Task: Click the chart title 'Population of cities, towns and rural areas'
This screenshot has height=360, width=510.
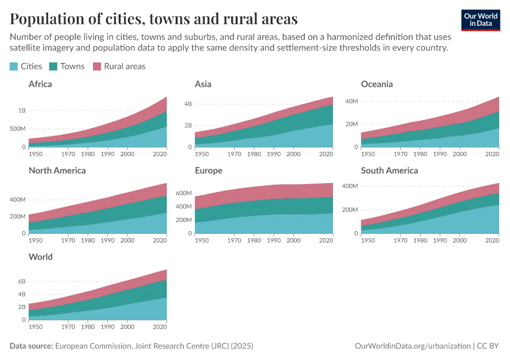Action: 154,19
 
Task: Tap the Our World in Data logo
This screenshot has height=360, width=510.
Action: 481,19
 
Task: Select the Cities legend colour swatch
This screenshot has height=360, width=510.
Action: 14,67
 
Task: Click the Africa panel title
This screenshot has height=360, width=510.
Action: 40,84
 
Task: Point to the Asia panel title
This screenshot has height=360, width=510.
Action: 203,84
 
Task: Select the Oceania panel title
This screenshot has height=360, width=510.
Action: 377,84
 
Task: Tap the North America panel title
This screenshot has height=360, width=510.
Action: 57,170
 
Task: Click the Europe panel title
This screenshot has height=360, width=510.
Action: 208,170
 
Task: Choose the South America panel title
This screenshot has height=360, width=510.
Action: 389,170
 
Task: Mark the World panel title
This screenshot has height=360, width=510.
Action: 41,257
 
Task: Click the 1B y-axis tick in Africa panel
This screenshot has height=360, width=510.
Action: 22,110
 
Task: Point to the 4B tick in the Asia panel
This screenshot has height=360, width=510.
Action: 187,104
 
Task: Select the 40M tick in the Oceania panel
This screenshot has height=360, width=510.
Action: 350,101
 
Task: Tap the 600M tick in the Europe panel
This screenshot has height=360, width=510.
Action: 182,193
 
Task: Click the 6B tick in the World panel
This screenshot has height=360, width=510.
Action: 22,281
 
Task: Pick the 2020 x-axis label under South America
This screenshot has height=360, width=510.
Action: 492,241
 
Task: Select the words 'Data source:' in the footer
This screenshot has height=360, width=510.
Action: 31,346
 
